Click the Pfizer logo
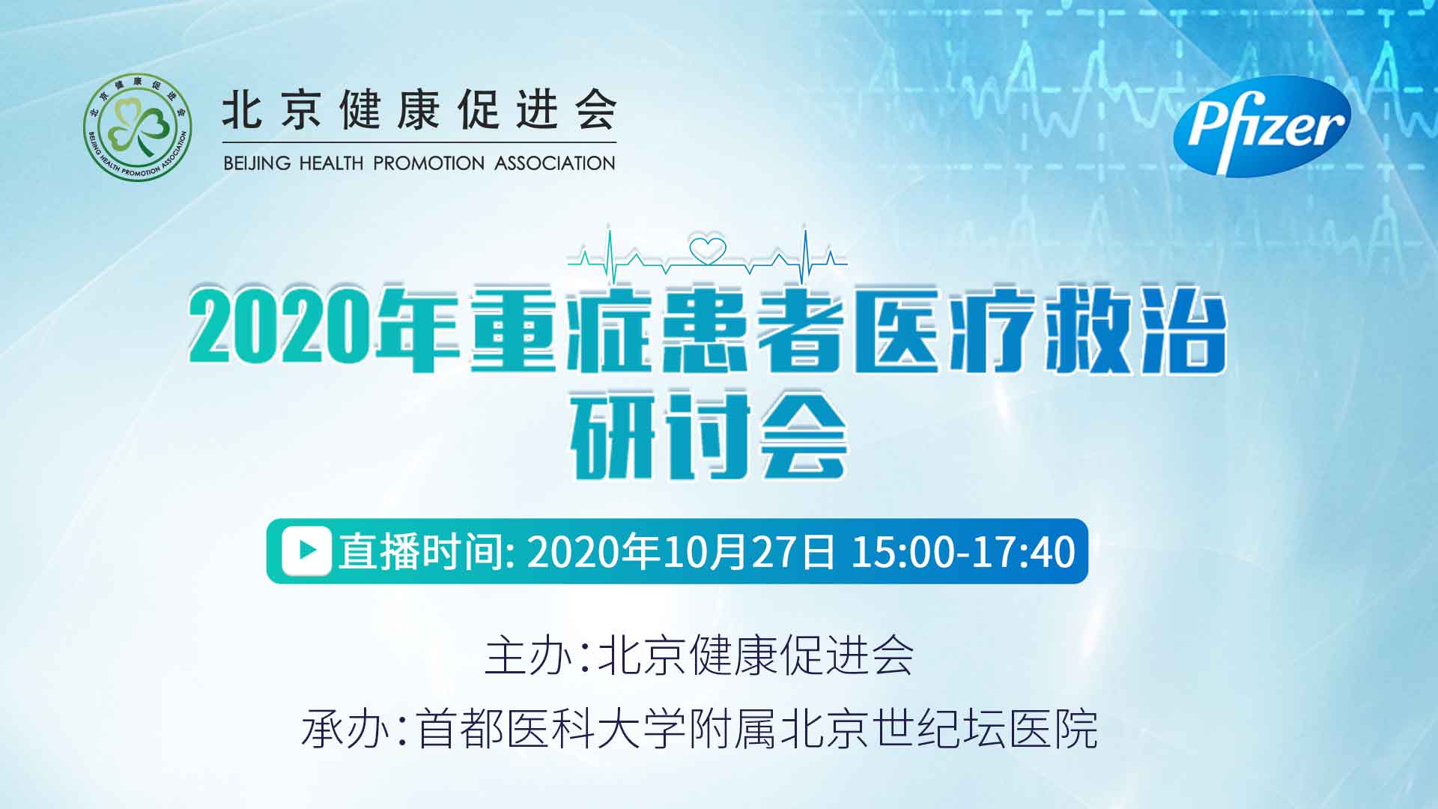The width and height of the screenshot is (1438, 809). pos(1261,126)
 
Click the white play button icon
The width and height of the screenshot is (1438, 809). pos(306,551)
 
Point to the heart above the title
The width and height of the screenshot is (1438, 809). pos(708,250)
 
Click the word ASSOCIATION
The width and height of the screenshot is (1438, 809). pos(555,163)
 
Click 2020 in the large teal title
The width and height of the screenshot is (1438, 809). pos(280,328)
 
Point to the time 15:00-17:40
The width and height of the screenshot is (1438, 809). pos(963,551)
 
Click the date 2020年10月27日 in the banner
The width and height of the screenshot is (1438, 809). pos(681,551)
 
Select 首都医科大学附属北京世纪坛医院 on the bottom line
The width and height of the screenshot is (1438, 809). pos(757,728)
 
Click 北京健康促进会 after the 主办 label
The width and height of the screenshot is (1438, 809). pos(755,656)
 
